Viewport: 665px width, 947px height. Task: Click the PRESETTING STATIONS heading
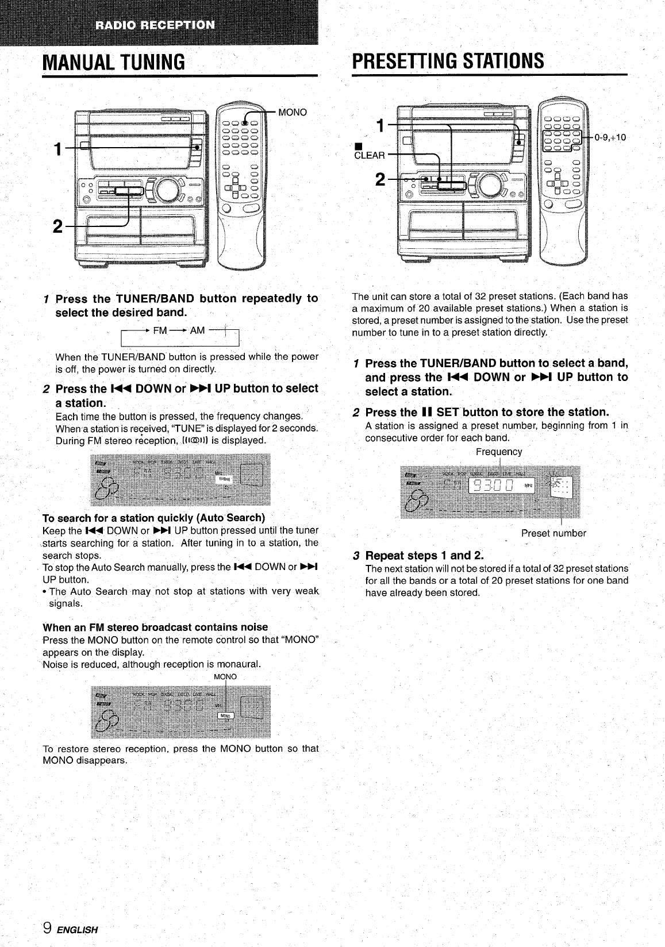[448, 60]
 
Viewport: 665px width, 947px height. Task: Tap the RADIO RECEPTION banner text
[156, 25]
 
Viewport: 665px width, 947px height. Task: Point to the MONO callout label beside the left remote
[293, 113]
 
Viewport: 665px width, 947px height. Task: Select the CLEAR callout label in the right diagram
[369, 155]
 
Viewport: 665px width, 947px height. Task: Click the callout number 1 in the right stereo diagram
[380, 125]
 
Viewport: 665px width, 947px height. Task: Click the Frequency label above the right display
[499, 452]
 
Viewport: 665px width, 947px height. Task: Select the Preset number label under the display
[553, 533]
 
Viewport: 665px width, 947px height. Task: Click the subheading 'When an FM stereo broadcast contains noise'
[155, 627]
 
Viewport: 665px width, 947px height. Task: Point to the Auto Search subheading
[154, 518]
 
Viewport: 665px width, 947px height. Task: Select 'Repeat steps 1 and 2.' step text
[425, 555]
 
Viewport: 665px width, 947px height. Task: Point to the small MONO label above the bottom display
[225, 677]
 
